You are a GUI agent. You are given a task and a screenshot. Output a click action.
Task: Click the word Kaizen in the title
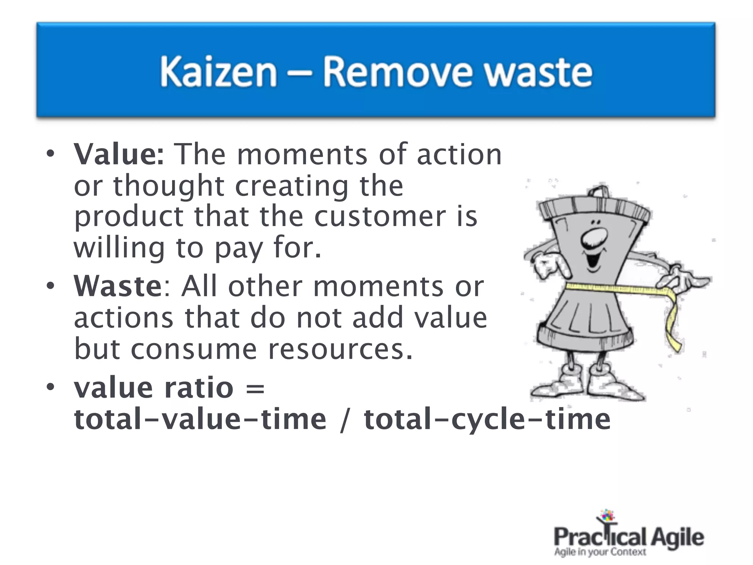tap(218, 72)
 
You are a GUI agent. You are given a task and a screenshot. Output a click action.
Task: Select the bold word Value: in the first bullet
tap(119, 154)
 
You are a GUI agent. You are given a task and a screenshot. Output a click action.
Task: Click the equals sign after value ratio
tap(255, 388)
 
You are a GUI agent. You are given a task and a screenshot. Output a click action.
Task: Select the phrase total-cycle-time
tap(487, 419)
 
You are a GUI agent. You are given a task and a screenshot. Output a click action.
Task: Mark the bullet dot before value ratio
tap(50, 387)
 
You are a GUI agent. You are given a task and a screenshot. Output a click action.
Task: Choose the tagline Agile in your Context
tap(600, 552)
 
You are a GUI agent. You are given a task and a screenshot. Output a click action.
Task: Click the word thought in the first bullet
tap(168, 186)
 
